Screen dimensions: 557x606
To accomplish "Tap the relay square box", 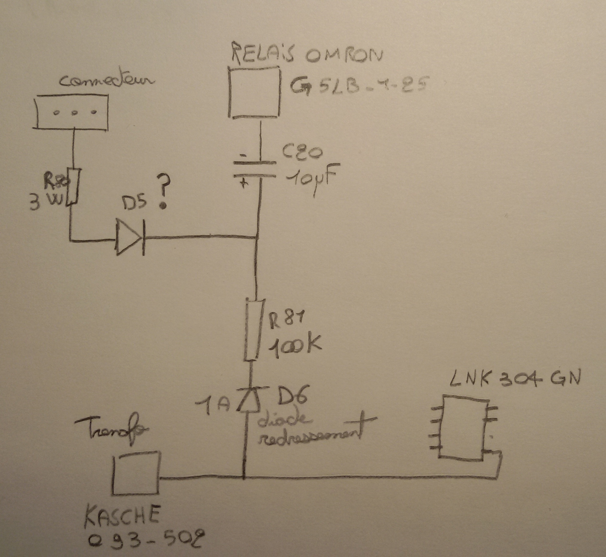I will click(x=254, y=92).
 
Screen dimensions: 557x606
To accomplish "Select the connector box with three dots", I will click(x=72, y=112).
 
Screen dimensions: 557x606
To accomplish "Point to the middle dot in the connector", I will click(x=74, y=113).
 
